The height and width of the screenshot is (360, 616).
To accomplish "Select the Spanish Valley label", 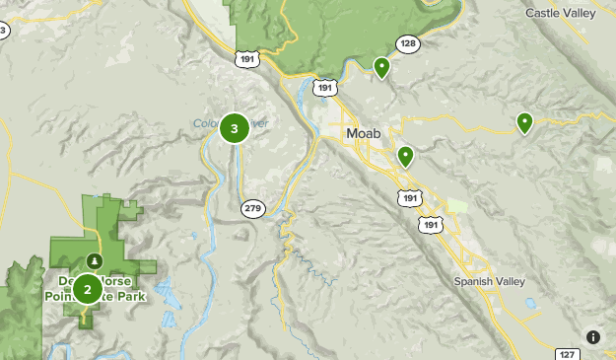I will [490, 281].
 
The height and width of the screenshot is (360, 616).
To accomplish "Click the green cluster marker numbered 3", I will [234, 128].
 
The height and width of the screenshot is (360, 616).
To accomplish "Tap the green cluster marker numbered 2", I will [87, 289].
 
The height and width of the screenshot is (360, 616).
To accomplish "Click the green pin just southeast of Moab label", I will [405, 156].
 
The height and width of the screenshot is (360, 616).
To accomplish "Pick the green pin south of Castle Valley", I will [525, 123].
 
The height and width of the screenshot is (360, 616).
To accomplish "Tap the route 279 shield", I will [253, 208].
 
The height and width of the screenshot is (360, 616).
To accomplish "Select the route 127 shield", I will [567, 354].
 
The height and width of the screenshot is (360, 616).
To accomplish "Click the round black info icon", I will [593, 336].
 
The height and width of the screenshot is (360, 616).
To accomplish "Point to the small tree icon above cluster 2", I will [93, 260].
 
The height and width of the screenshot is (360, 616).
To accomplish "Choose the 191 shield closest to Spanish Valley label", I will [431, 225].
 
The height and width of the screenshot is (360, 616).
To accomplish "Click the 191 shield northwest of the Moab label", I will [323, 89].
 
